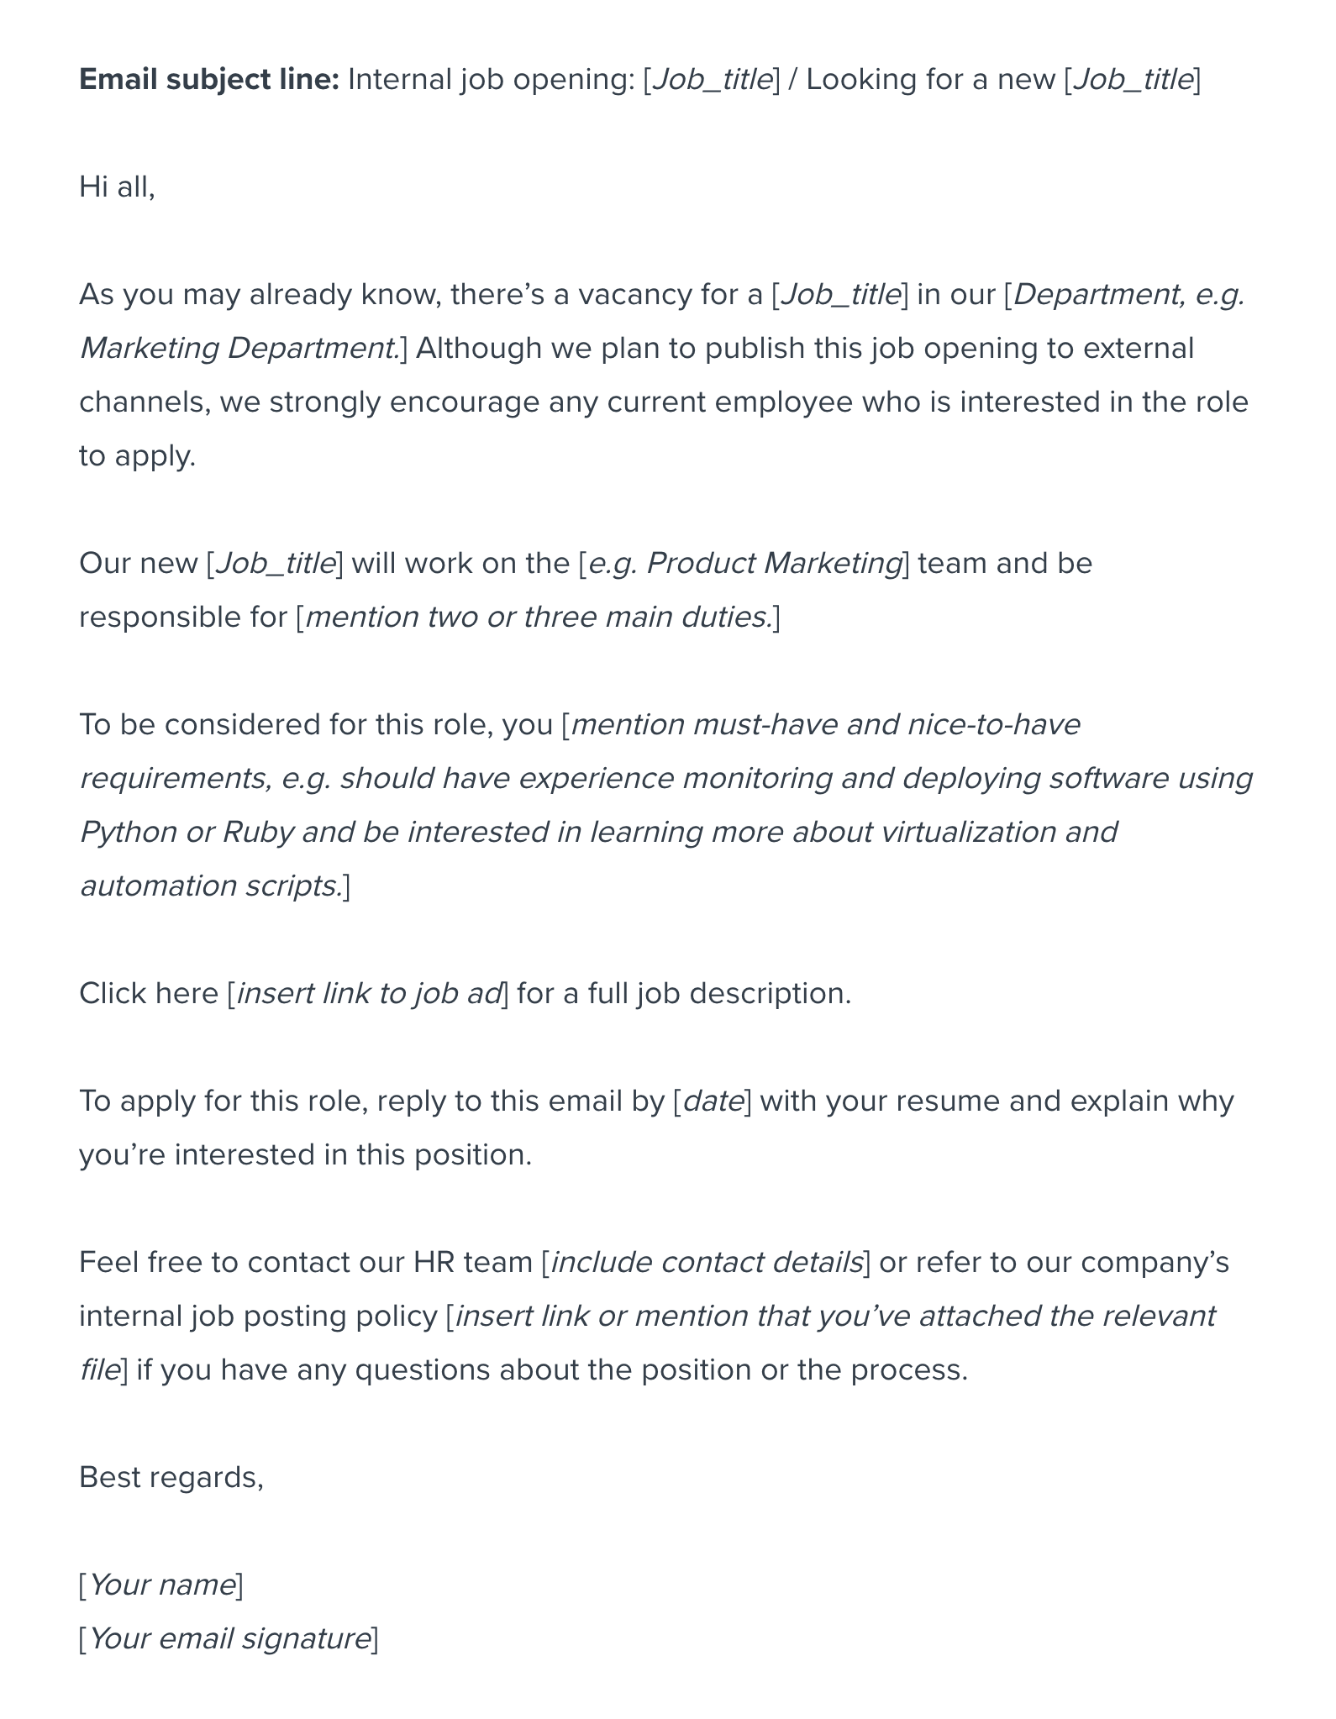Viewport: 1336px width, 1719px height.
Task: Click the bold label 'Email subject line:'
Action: pos(208,80)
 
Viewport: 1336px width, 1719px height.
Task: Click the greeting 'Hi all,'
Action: pos(117,187)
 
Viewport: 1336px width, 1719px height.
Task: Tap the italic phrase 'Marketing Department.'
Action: pos(239,349)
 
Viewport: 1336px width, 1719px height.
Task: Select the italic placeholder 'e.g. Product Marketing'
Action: pos(744,564)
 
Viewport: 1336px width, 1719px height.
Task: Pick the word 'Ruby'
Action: pos(258,833)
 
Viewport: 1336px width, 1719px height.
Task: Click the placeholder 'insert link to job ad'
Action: pos(369,994)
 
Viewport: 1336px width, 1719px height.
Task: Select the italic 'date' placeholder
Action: pos(713,1101)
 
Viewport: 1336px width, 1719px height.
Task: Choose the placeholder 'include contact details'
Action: pos(707,1263)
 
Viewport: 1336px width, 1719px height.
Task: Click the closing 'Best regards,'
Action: pos(171,1478)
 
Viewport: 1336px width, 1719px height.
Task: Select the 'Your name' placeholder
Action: pos(161,1585)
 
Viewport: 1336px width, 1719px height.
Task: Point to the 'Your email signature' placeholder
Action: pos(229,1639)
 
